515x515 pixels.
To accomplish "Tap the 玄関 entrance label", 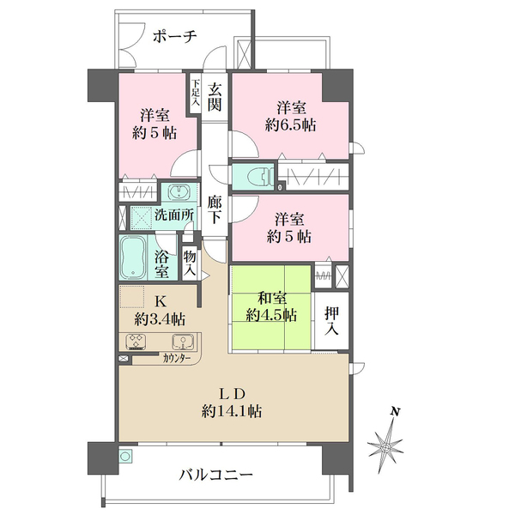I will tap(215, 96).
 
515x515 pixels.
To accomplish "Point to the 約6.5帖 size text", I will tap(289, 124).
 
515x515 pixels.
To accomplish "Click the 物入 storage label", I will tap(191, 264).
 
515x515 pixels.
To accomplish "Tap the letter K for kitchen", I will tap(159, 301).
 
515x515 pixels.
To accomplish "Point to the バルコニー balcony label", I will tap(216, 474).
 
